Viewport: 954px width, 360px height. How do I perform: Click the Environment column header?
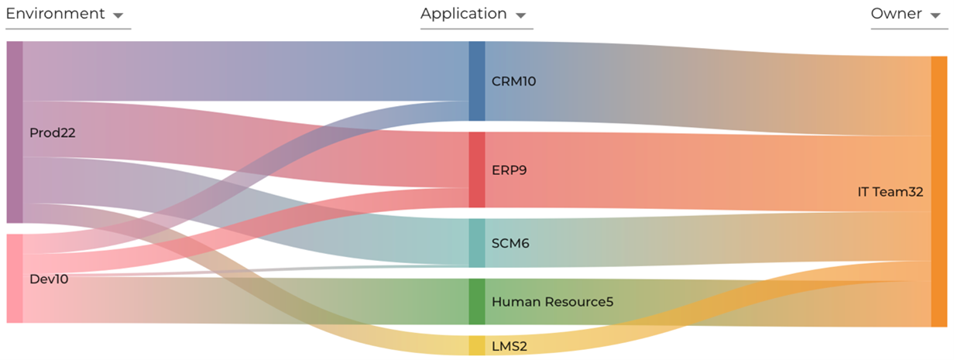tap(55, 14)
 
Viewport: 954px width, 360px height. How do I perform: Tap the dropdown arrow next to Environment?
tap(118, 15)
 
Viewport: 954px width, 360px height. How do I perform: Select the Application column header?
tap(463, 14)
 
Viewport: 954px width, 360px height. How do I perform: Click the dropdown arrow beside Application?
tap(520, 15)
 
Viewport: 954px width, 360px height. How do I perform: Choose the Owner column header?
tap(896, 14)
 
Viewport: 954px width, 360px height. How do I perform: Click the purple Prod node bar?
tap(15, 132)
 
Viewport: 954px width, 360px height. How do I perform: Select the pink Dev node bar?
tap(15, 278)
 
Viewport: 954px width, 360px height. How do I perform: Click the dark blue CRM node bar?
tap(477, 81)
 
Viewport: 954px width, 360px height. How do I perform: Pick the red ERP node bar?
tap(477, 170)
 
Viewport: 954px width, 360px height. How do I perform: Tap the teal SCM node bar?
tap(477, 243)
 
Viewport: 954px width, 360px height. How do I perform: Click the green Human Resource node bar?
tap(477, 301)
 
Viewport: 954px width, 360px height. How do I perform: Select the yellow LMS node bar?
tap(477, 345)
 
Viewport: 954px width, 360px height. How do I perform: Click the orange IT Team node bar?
tap(939, 191)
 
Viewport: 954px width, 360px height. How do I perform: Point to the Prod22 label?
tap(53, 133)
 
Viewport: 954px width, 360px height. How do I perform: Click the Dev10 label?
tap(49, 279)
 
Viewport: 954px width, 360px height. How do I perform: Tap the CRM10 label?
tap(514, 81)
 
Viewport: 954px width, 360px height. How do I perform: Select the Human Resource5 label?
tap(552, 301)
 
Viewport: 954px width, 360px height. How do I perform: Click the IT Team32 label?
tap(891, 191)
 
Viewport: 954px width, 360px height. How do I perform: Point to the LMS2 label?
tap(510, 346)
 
